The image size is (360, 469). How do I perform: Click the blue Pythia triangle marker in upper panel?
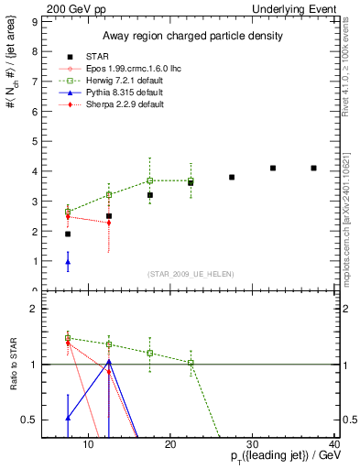68,262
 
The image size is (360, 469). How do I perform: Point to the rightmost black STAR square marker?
313,168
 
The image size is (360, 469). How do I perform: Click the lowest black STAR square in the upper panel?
68,234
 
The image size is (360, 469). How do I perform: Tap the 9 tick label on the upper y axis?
33,21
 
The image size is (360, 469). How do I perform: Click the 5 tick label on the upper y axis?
33,141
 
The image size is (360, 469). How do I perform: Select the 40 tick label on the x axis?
334,445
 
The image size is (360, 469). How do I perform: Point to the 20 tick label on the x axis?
170,445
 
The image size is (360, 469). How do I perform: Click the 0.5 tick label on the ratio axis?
27,420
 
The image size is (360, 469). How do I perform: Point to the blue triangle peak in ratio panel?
109,361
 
